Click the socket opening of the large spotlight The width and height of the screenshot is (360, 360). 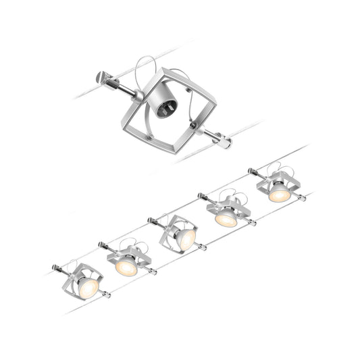click(x=165, y=104)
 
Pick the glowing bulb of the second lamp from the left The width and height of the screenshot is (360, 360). click(x=126, y=266)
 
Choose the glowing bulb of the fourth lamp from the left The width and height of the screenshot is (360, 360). click(x=226, y=219)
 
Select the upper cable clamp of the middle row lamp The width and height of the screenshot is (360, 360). click(x=152, y=220)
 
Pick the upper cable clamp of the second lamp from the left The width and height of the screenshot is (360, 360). click(x=102, y=245)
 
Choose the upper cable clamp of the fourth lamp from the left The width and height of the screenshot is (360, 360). click(x=201, y=197)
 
